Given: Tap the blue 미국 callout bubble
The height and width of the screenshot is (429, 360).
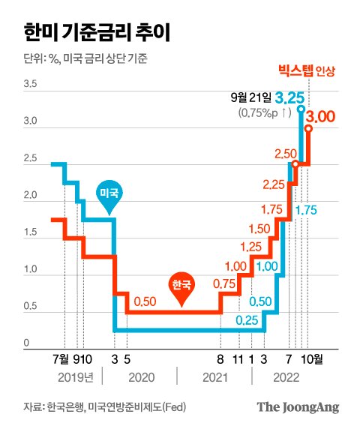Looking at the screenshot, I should pos(109,193).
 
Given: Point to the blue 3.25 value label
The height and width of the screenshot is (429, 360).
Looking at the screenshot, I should pos(289,97).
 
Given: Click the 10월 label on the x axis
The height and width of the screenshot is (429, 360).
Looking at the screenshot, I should pos(312,360).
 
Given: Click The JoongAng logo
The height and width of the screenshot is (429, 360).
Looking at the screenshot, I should pos(298,407).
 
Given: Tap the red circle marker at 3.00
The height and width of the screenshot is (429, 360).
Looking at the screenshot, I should pos(308,127).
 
